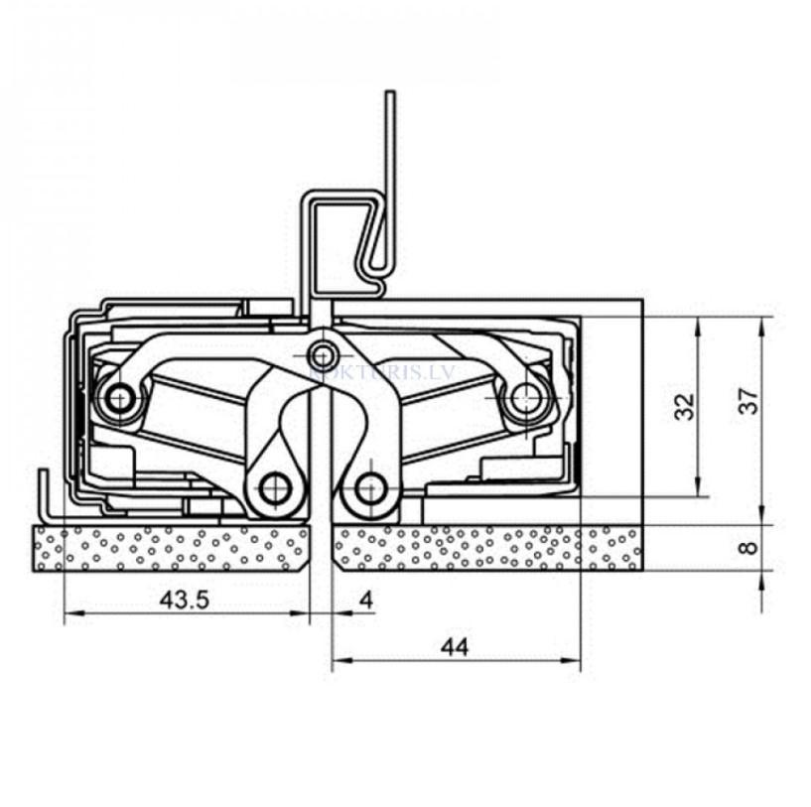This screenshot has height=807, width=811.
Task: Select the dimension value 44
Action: [455, 647]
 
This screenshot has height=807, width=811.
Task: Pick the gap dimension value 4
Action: [366, 600]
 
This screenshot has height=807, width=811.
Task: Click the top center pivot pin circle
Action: [322, 352]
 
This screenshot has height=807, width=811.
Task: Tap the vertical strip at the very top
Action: [390, 139]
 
